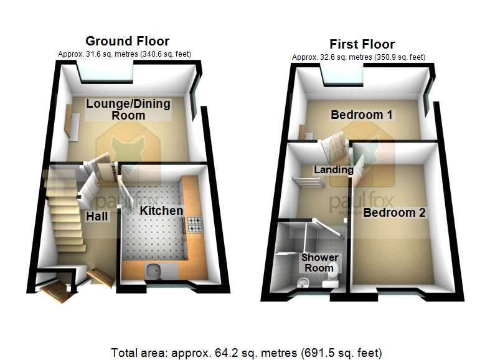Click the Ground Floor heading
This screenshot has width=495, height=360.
[x=127, y=41]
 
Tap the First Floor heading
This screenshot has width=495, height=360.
[x=362, y=44]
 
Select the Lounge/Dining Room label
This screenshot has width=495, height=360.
[x=128, y=109]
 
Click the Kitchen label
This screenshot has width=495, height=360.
[x=161, y=211]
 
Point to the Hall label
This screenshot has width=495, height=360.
[x=97, y=216]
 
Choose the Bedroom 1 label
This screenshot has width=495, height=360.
[x=362, y=115]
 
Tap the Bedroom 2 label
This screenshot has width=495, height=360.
[x=394, y=212]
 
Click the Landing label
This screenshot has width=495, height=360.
[x=334, y=170]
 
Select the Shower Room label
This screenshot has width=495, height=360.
[x=319, y=263]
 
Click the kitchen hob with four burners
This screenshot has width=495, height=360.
[x=195, y=224]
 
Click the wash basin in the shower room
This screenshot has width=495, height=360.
[x=303, y=283]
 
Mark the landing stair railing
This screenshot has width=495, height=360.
[x=308, y=182]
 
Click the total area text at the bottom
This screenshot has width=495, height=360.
[x=246, y=353]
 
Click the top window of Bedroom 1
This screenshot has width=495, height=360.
[x=342, y=75]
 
